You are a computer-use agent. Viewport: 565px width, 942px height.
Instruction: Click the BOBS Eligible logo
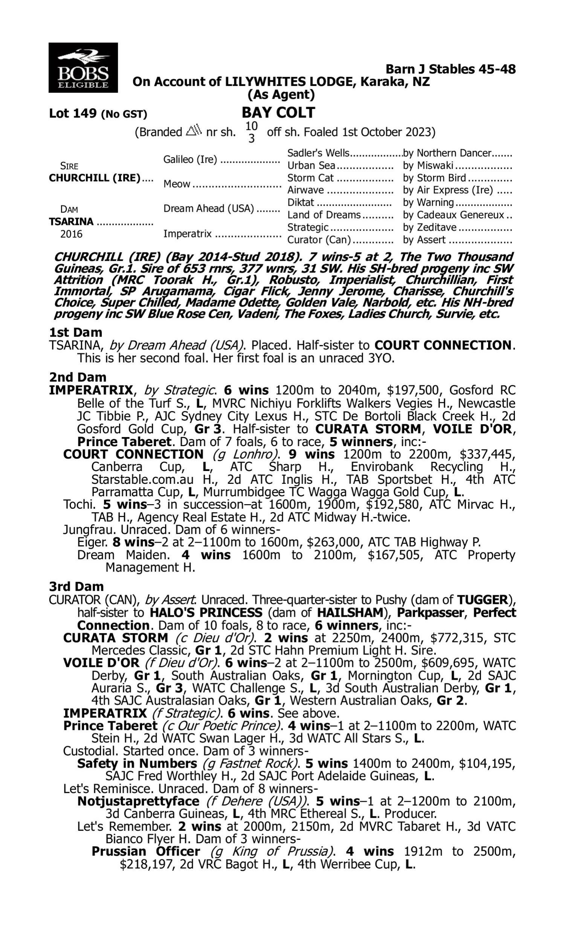pyautogui.click(x=83, y=68)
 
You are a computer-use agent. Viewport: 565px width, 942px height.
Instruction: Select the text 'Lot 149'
pyautogui.click(x=73, y=113)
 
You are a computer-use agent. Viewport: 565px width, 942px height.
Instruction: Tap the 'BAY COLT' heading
pyautogui.click(x=278, y=113)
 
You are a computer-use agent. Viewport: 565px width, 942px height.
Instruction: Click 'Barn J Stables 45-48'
pyautogui.click(x=450, y=69)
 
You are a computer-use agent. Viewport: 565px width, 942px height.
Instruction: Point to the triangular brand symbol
pyautogui.click(x=193, y=131)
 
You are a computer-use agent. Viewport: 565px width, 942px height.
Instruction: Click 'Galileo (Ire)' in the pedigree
pyautogui.click(x=190, y=159)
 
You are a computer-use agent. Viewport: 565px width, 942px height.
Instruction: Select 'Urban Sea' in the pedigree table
pyautogui.click(x=311, y=165)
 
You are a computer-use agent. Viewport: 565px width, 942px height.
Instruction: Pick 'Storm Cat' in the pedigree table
pyautogui.click(x=310, y=178)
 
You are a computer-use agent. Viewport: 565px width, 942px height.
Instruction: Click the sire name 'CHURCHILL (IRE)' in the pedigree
pyautogui.click(x=95, y=178)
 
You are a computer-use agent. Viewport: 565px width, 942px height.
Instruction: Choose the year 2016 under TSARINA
pyautogui.click(x=71, y=234)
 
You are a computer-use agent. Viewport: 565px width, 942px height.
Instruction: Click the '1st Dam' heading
pyautogui.click(x=75, y=332)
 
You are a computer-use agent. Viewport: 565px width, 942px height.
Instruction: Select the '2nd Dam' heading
pyautogui.click(x=77, y=377)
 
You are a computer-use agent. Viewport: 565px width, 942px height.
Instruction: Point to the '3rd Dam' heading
pyautogui.click(x=76, y=586)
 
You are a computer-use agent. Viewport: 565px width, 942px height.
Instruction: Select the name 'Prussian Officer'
pyautogui.click(x=146, y=851)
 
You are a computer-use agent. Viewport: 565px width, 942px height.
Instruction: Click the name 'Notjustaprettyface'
pyautogui.click(x=138, y=801)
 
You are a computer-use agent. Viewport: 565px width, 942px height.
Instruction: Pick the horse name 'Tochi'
pyautogui.click(x=79, y=505)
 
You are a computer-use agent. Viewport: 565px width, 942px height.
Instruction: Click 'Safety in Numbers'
pyautogui.click(x=137, y=763)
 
